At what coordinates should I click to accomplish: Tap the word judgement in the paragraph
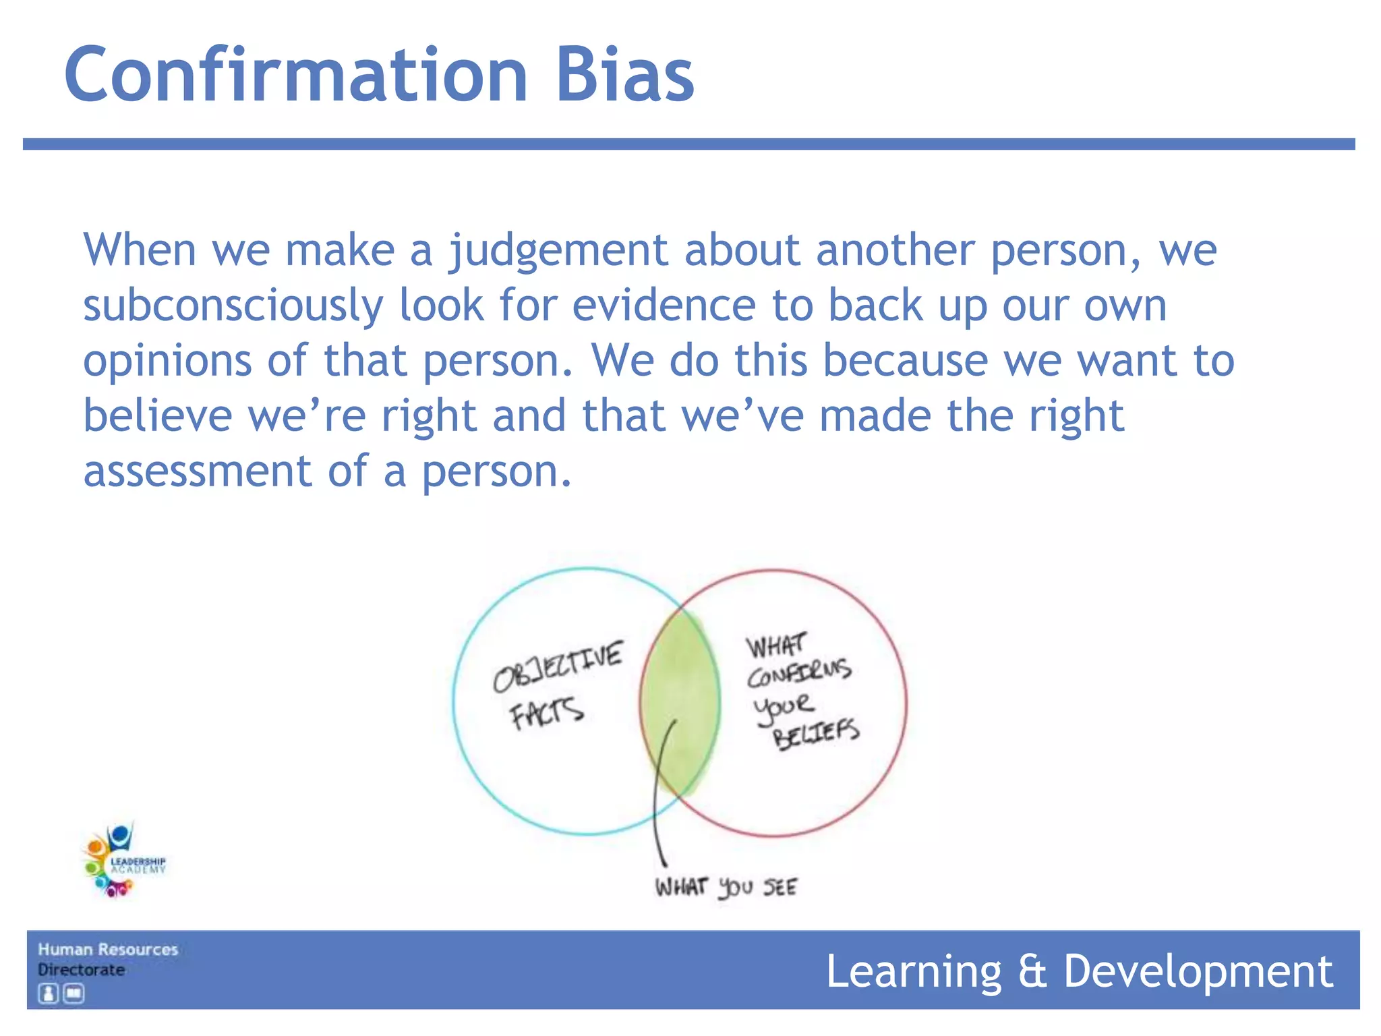[x=558, y=251]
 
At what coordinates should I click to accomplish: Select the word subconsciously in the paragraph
[x=233, y=306]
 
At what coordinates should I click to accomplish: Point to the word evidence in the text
[x=664, y=306]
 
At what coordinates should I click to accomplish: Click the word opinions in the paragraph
[x=167, y=361]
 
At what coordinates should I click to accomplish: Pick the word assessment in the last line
[x=197, y=471]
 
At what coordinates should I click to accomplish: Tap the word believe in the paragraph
[x=157, y=416]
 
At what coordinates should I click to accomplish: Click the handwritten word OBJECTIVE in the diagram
[x=558, y=666]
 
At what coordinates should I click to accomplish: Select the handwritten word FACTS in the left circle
[x=546, y=714]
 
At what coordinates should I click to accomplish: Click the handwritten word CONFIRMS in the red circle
[x=799, y=673]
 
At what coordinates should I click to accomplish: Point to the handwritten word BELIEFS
[x=816, y=734]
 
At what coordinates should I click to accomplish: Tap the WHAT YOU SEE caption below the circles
[x=726, y=887]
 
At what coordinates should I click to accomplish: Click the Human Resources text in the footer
[x=108, y=950]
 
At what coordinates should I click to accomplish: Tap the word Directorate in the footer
[x=81, y=970]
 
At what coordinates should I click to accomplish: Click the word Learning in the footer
[x=914, y=972]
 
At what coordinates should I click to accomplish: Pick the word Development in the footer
[x=1198, y=972]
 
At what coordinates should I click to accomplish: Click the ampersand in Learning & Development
[x=1032, y=972]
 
